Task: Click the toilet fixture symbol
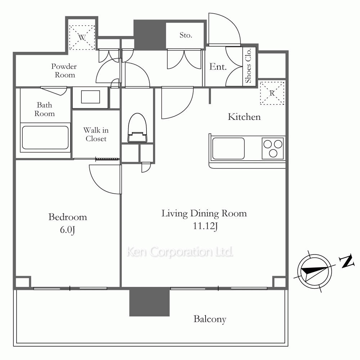(137, 128)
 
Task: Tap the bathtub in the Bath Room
(45, 137)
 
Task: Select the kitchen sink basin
(228, 148)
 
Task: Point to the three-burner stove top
(273, 149)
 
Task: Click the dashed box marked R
(272, 93)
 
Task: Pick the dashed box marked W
(82, 37)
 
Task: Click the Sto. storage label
(186, 35)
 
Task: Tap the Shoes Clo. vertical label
(248, 66)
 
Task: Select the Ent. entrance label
(218, 67)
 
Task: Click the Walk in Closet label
(96, 134)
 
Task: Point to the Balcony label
(210, 319)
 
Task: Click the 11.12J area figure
(205, 226)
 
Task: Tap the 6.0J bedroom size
(68, 230)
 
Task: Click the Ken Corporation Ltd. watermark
(180, 252)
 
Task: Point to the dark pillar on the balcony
(149, 302)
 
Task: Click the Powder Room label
(64, 71)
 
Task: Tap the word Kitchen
(244, 117)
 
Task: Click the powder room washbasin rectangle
(90, 97)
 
